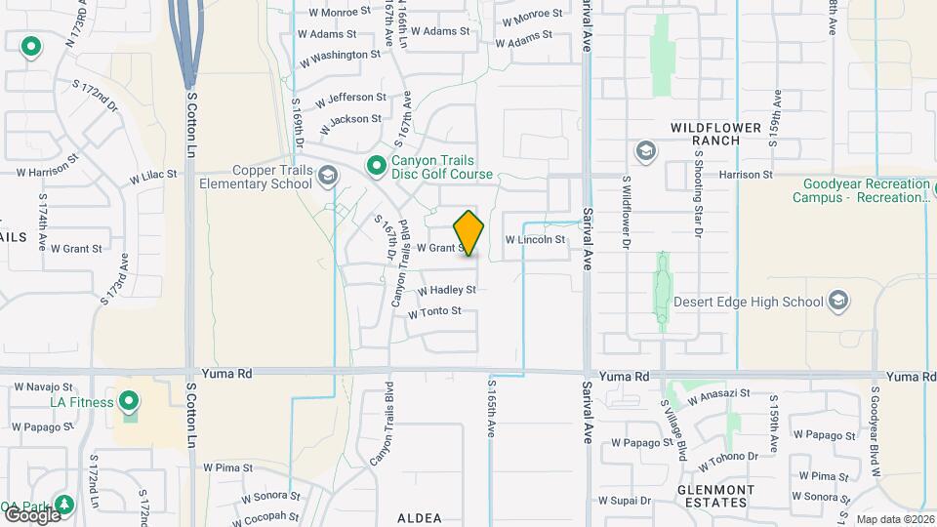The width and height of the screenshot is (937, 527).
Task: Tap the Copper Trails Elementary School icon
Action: (x=328, y=177)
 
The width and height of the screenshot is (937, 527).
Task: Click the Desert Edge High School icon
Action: (x=837, y=302)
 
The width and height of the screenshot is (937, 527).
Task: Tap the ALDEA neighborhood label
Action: (x=421, y=518)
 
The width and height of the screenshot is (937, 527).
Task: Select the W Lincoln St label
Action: (x=535, y=239)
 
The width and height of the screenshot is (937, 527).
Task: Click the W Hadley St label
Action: (x=446, y=291)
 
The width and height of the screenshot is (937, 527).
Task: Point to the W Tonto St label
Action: (x=434, y=312)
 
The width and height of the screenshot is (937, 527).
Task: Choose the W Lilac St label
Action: (x=153, y=176)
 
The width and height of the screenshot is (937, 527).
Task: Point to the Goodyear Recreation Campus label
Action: (x=866, y=190)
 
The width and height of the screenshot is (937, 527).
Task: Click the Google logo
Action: (x=31, y=514)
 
